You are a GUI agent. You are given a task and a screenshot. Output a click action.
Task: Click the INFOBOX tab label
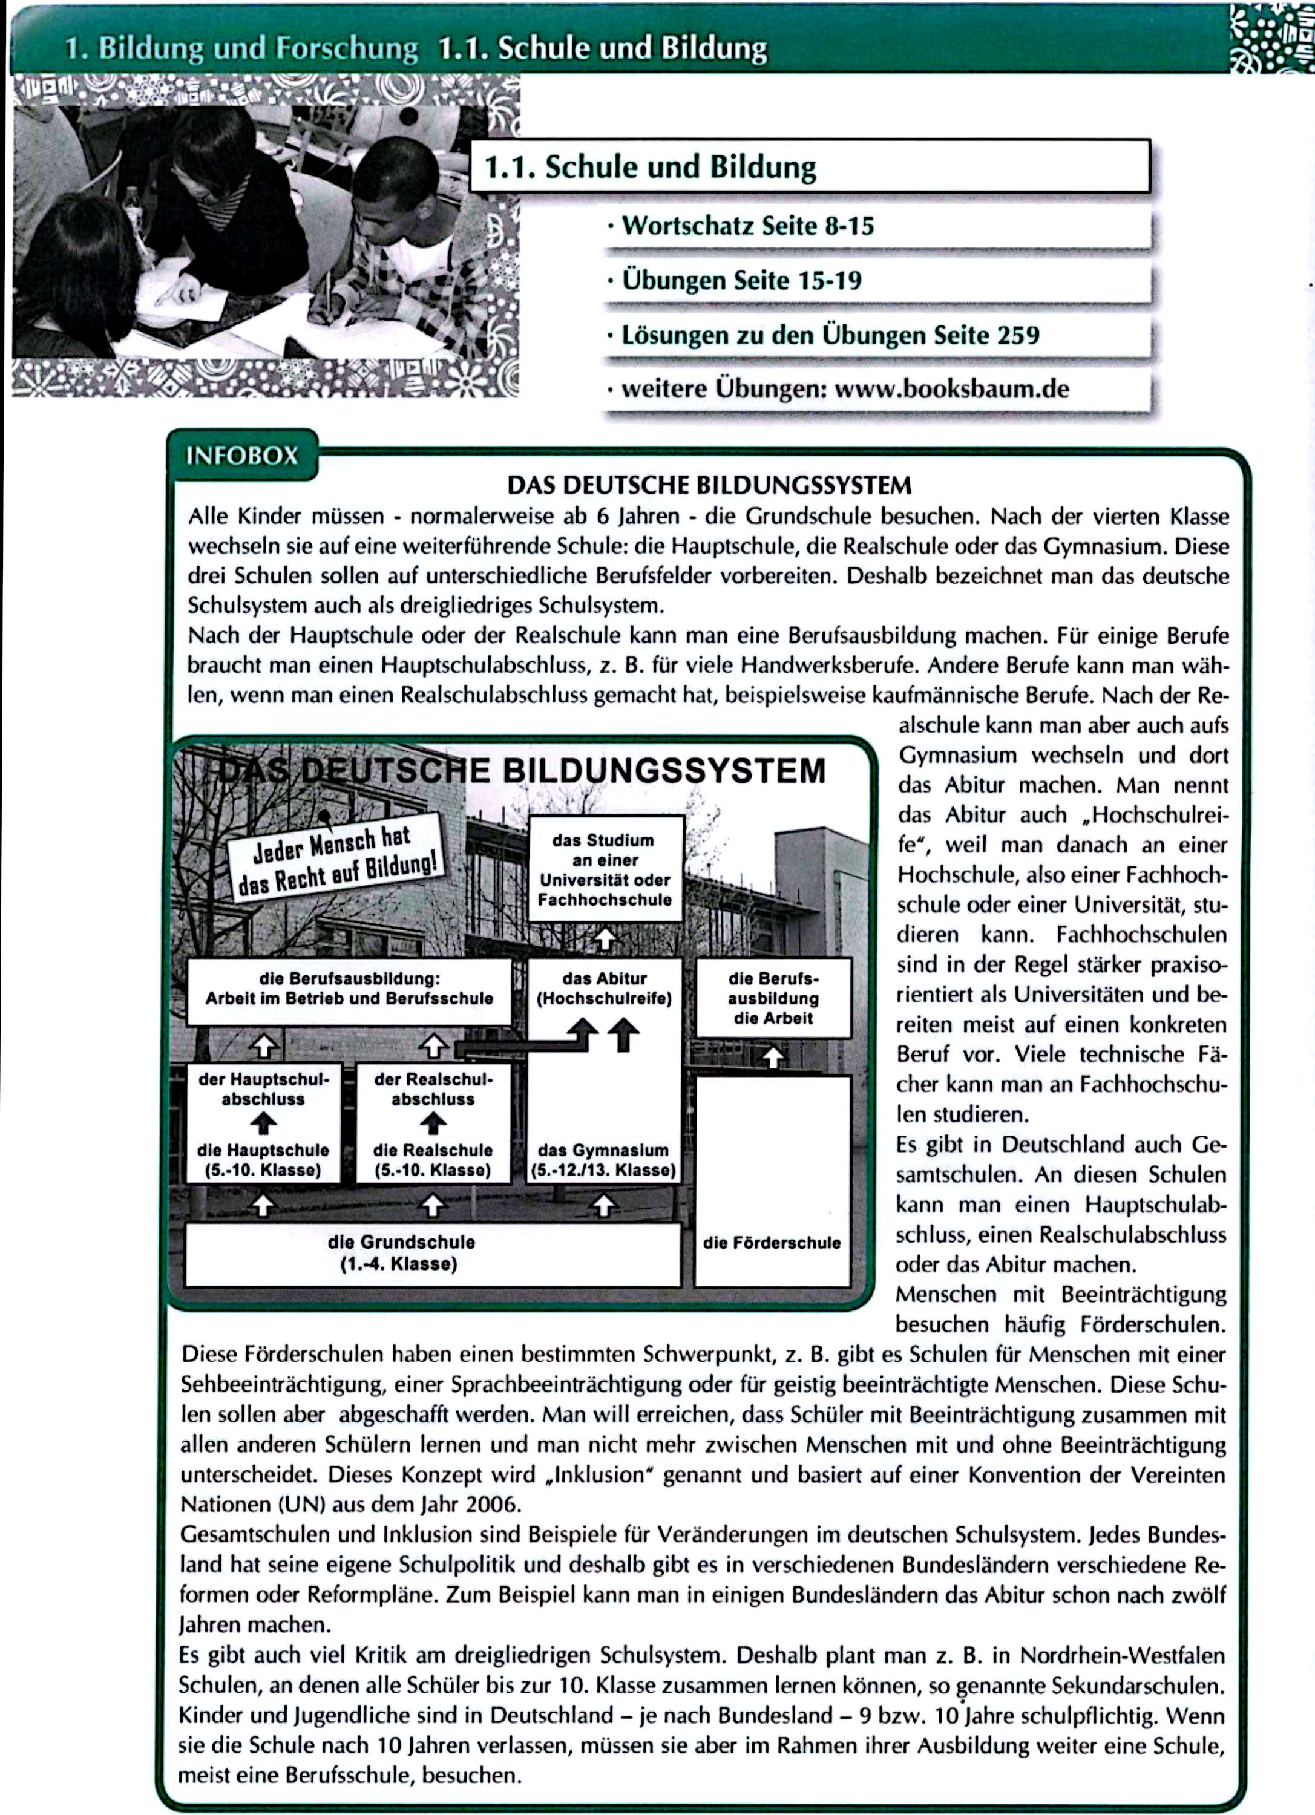tap(241, 456)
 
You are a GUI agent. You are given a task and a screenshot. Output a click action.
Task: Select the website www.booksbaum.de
tap(952, 390)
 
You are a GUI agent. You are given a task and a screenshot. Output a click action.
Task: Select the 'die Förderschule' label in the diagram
tap(772, 1243)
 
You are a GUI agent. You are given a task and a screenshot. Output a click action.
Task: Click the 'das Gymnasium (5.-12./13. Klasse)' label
tap(603, 1160)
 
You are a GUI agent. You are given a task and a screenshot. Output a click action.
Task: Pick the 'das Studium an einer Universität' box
tap(605, 869)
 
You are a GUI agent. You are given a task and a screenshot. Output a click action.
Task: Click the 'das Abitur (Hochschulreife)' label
tap(605, 989)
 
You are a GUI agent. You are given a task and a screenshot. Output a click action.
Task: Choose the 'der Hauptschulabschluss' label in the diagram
tap(263, 1088)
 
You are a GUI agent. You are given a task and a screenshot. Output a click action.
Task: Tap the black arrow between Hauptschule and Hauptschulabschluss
tap(263, 1124)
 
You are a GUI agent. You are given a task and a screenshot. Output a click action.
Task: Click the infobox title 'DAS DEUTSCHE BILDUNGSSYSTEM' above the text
tap(709, 485)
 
